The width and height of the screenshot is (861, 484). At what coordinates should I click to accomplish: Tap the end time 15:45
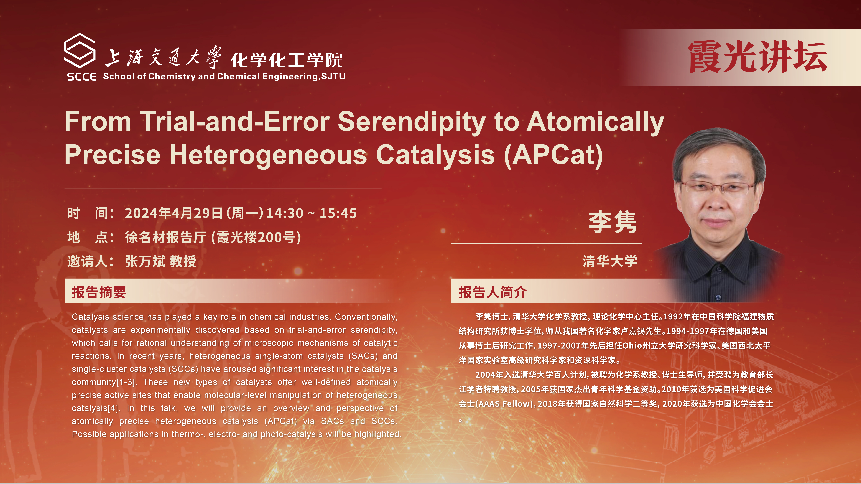click(x=338, y=213)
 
